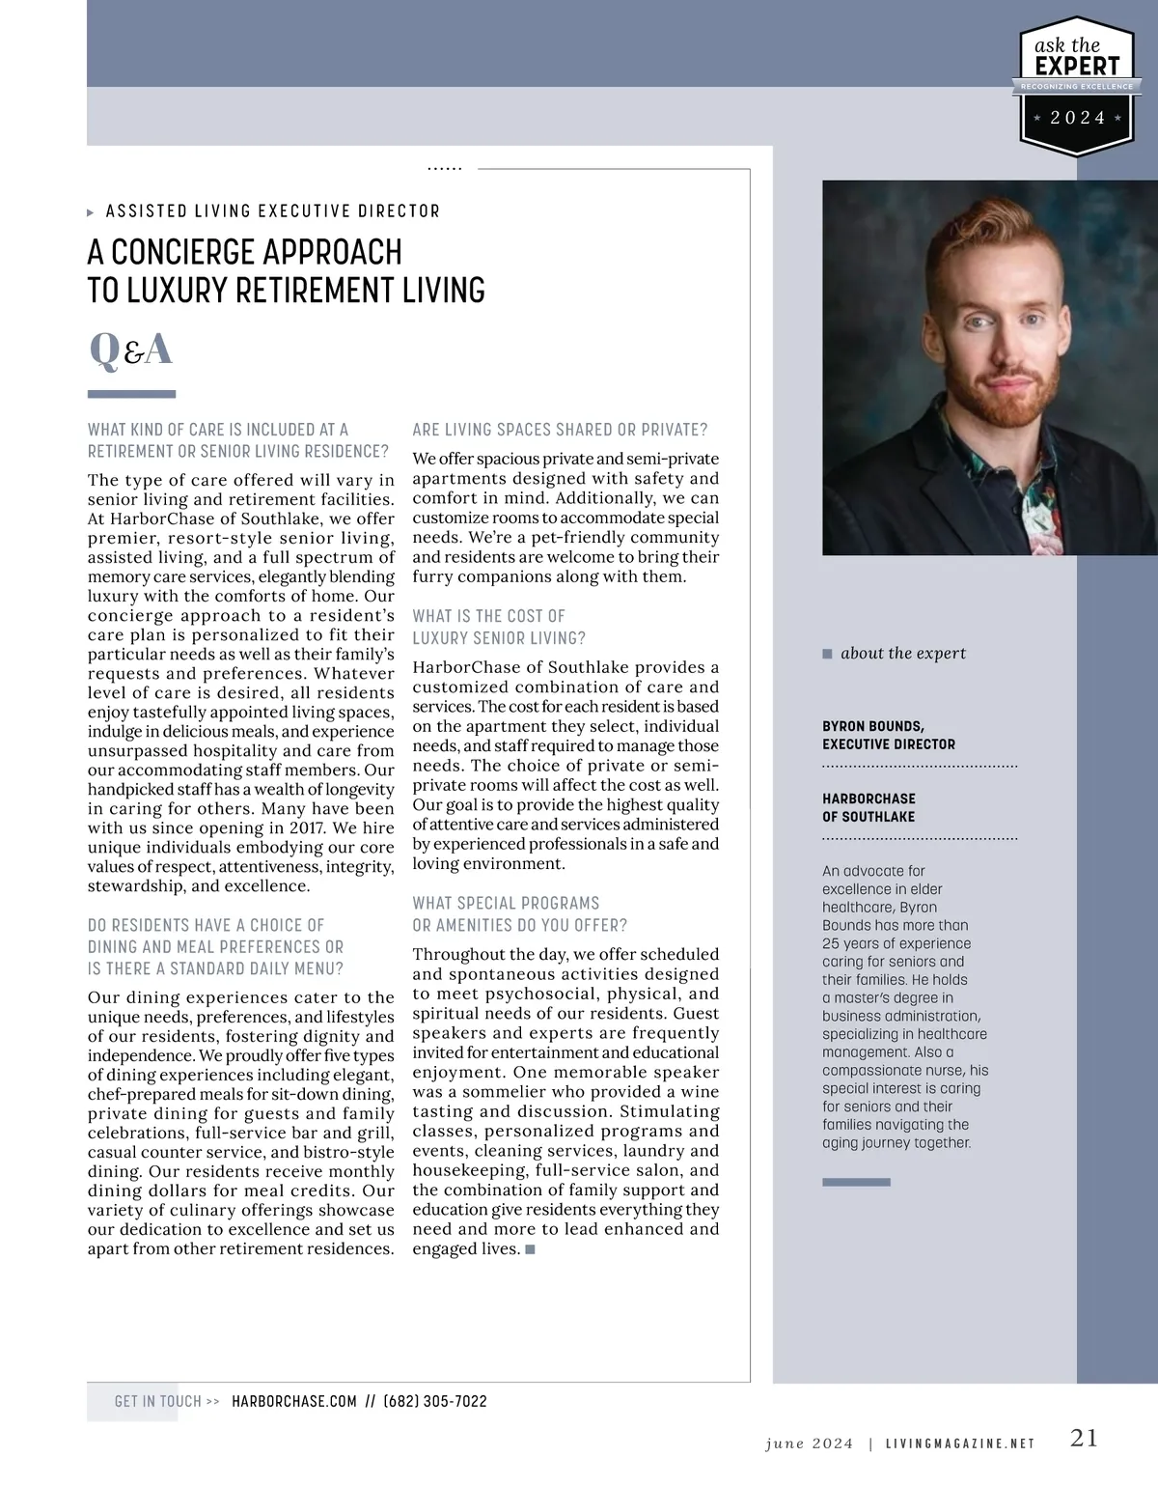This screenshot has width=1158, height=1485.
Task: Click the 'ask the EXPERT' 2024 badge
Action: click(x=1077, y=87)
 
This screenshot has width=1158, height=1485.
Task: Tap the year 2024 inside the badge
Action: click(x=1077, y=118)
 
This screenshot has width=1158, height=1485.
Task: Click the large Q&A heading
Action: click(x=130, y=349)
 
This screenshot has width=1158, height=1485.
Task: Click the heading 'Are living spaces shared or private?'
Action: click(x=560, y=430)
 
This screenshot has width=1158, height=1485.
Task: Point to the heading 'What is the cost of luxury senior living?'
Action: click(x=498, y=627)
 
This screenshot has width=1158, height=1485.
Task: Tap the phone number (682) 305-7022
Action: click(x=435, y=1401)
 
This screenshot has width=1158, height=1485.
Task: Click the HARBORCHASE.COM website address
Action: click(x=294, y=1401)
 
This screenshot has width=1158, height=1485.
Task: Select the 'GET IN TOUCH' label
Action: click(x=158, y=1401)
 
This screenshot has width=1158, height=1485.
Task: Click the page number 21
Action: click(x=1084, y=1438)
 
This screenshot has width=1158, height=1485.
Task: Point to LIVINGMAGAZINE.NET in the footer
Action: click(x=959, y=1443)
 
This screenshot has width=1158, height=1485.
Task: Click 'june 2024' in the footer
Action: click(x=809, y=1443)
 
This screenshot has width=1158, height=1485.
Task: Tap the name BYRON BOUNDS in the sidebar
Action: click(x=872, y=726)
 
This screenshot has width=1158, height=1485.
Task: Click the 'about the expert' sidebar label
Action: click(x=902, y=653)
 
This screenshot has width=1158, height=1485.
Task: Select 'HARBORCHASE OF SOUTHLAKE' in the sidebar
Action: click(x=868, y=807)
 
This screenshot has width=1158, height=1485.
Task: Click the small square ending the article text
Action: click(x=530, y=1249)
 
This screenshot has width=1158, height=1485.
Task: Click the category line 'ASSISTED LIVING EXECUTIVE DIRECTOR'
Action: click(x=272, y=211)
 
